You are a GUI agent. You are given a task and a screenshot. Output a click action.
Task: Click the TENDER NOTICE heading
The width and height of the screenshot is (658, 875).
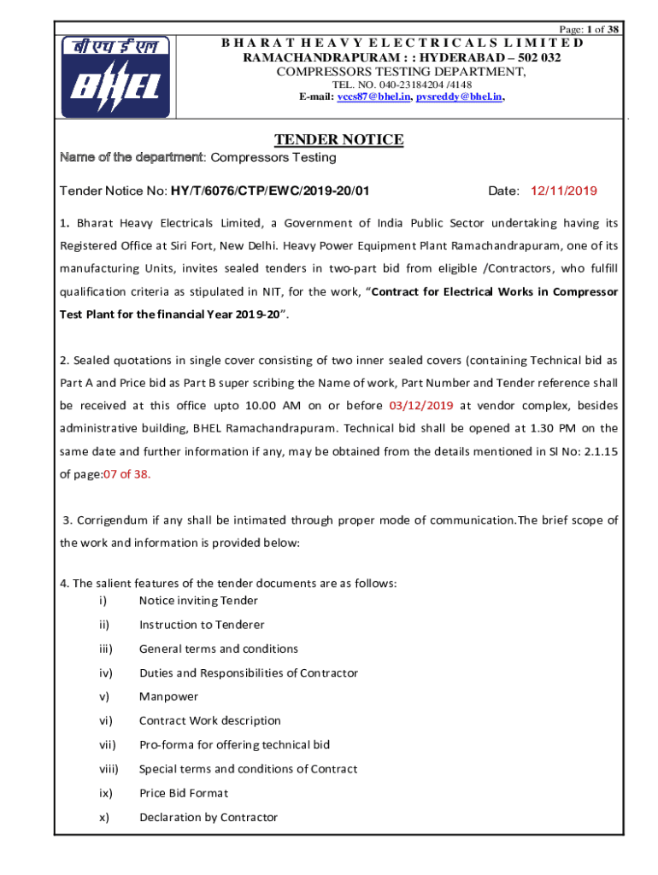coord(338,140)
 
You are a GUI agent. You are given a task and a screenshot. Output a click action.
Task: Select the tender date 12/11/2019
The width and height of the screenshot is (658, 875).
coord(565,191)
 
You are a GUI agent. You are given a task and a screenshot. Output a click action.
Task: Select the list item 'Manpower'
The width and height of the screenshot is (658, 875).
coord(168,696)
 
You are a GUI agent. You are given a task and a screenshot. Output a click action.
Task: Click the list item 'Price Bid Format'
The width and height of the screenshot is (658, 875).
coord(184,793)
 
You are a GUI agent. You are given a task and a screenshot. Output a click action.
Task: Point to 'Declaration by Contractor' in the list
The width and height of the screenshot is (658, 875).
coord(209,817)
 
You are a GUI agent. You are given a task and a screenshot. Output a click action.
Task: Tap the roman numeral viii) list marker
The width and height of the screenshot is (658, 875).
coord(108,769)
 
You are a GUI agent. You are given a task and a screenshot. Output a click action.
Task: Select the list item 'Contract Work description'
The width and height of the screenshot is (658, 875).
coord(209,720)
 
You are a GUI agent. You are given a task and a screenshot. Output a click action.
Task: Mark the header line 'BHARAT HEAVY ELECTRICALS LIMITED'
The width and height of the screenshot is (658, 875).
coord(402,43)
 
